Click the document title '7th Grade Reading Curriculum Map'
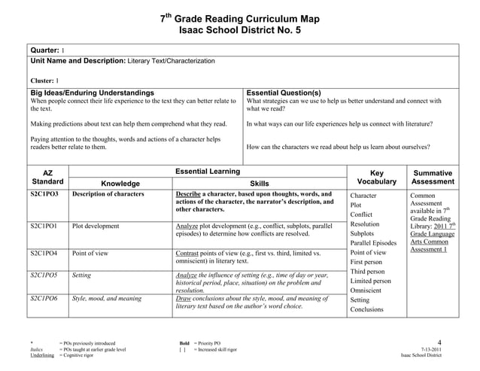click(x=240, y=18)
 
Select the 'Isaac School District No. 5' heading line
click(x=240, y=30)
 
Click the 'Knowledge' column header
click(x=120, y=183)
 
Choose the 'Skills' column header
click(x=259, y=183)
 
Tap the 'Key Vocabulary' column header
click(x=377, y=177)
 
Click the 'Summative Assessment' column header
click(x=433, y=177)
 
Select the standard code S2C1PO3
click(x=45, y=194)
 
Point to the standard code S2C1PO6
click(x=45, y=299)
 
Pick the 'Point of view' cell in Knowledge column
click(x=90, y=254)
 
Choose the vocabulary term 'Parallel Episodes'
click(x=373, y=243)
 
